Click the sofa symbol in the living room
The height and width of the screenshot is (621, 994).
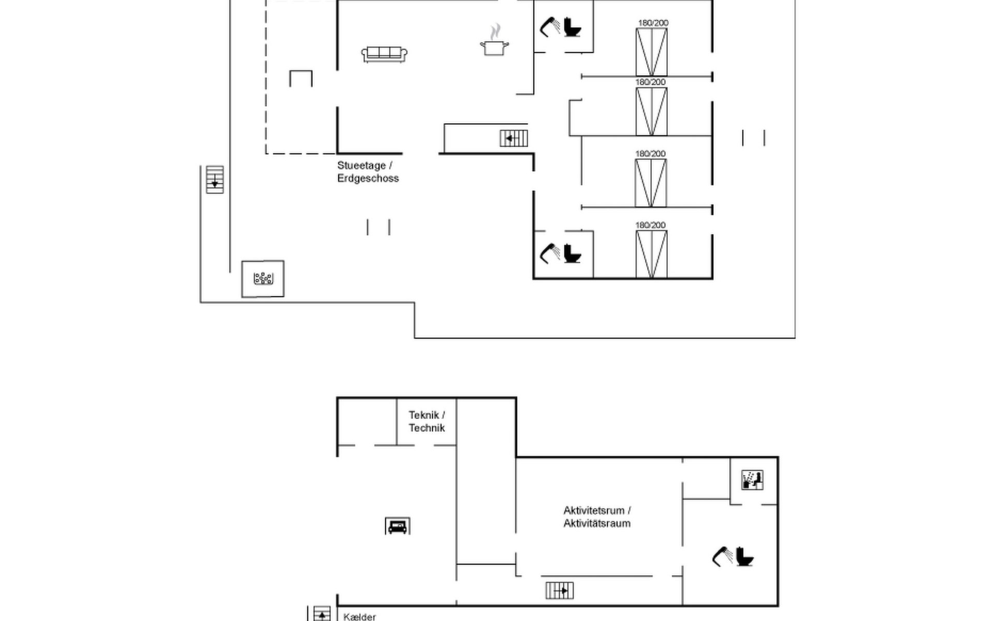coord(384,54)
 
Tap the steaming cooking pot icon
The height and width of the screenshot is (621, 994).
coord(494,45)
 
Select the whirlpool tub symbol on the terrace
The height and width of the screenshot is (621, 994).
coord(263,279)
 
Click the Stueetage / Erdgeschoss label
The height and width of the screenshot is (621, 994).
coord(368,172)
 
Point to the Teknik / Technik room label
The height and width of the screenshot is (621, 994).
coord(427,421)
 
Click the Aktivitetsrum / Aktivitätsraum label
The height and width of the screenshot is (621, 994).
coord(597,517)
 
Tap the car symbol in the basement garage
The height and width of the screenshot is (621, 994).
coord(398,526)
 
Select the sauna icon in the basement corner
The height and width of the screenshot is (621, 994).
coord(752,480)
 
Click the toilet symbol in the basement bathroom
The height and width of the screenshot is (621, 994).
coord(744,557)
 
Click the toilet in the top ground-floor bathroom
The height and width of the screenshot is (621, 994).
coord(572,27)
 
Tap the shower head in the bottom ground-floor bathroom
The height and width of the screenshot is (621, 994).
coord(549,253)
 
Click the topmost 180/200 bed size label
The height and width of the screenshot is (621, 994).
coord(653,23)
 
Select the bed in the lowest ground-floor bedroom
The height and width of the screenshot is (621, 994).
coord(651,254)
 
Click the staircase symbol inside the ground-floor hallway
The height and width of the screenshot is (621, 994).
coord(514,138)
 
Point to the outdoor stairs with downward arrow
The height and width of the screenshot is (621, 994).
coord(215,180)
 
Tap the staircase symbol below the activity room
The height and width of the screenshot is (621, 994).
coord(560,590)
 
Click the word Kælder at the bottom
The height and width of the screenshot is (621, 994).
coord(359,617)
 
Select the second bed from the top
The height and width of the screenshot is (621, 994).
coord(651,111)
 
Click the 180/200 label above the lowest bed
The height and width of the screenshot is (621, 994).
coord(650,225)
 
